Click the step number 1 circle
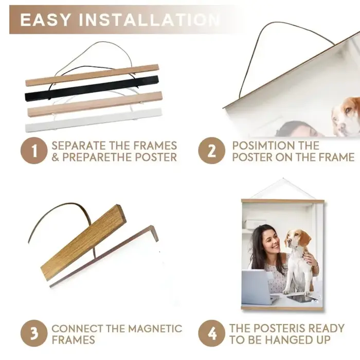(34, 151)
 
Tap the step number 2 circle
(212, 151)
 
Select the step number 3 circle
(34, 333)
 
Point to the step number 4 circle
(212, 333)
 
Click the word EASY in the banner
(45, 20)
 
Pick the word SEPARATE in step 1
(78, 146)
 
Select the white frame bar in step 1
(94, 120)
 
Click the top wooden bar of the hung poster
(283, 201)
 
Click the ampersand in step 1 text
(55, 157)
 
